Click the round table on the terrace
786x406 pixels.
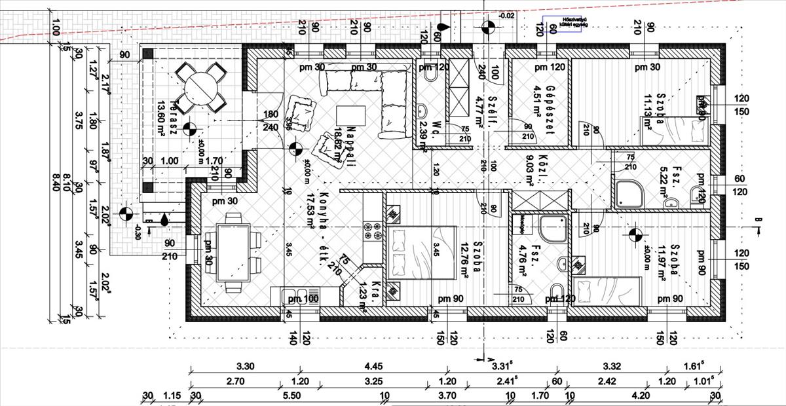click(199, 86)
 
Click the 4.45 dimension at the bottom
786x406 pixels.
click(371, 367)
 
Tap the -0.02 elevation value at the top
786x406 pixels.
click(506, 16)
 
